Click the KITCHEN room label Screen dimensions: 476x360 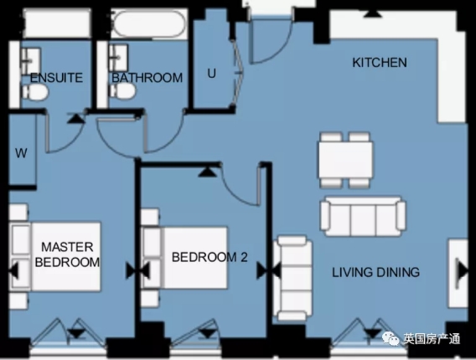click(380, 63)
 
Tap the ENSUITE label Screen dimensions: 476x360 click(56, 78)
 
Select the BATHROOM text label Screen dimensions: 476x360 click(147, 78)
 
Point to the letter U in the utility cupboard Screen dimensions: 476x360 click(211, 74)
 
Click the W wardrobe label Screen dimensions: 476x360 click(21, 153)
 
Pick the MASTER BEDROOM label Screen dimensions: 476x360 click(67, 255)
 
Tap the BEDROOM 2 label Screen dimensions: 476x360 click(210, 257)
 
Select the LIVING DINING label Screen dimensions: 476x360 click(375, 272)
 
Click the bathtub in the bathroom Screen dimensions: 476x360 click(149, 23)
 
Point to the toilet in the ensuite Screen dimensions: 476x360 click(35, 92)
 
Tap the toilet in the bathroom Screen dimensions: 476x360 click(122, 90)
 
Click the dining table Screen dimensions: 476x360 click(345, 160)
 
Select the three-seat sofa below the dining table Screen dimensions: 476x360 click(363, 216)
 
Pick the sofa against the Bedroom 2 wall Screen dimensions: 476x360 click(292, 278)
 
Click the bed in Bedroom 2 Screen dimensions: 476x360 click(185, 258)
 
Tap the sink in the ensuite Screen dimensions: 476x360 click(31, 61)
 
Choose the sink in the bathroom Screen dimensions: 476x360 click(118, 58)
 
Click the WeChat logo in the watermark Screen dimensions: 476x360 click(391, 338)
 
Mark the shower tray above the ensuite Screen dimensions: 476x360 click(57, 23)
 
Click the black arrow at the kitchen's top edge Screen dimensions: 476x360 click(372, 13)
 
